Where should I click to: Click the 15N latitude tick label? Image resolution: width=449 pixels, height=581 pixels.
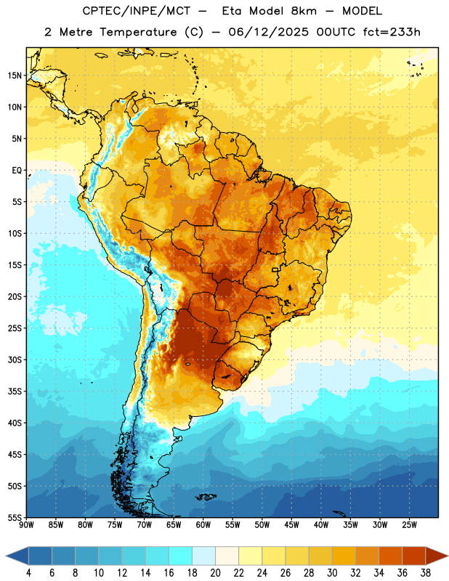(x=15, y=76)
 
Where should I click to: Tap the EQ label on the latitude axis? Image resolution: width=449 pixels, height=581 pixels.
(x=17, y=171)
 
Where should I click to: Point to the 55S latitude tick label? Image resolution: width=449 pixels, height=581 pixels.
(x=15, y=518)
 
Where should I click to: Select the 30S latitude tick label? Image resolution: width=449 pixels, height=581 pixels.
(x=15, y=359)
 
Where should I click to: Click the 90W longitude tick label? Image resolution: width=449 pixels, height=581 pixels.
(x=26, y=524)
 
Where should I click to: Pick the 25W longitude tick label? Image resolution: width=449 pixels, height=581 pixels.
(x=409, y=524)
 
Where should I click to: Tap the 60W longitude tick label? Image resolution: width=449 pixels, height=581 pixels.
(x=203, y=524)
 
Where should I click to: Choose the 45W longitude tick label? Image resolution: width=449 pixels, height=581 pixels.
(x=291, y=524)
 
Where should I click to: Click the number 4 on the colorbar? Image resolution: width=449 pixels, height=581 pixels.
(x=28, y=573)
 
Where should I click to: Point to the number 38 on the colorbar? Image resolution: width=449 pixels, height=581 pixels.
(x=426, y=573)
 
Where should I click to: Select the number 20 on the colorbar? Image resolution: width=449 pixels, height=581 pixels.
(x=215, y=573)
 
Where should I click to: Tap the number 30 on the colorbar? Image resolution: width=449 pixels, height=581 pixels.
(x=332, y=573)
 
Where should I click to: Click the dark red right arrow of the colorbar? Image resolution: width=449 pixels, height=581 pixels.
(x=437, y=556)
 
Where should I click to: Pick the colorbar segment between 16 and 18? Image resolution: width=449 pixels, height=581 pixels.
(x=180, y=556)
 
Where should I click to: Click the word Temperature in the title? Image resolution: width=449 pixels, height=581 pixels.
(x=138, y=32)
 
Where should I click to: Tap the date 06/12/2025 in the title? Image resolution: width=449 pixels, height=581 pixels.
(x=268, y=32)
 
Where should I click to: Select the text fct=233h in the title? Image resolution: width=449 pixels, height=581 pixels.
(x=392, y=32)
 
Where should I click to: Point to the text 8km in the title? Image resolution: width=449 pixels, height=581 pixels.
(x=304, y=11)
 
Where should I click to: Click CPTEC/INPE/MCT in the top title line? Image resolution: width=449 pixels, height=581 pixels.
(x=137, y=11)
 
